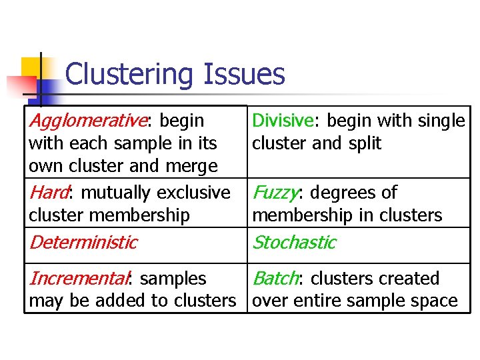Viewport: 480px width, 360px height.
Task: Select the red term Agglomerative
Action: point(87,121)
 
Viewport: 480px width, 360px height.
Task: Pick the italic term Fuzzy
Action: point(275,193)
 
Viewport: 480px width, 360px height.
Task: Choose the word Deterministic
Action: point(83,242)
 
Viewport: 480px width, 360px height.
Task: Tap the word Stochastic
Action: point(293,242)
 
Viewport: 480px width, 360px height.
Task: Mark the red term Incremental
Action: point(79,278)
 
